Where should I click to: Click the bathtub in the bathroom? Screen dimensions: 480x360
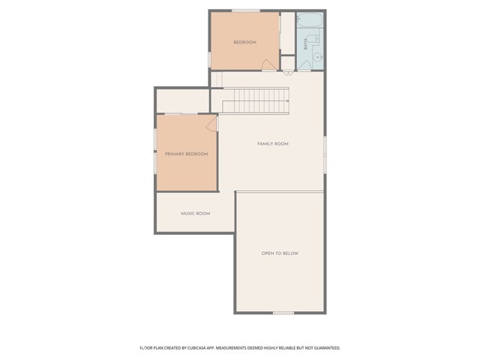(x=310, y=20)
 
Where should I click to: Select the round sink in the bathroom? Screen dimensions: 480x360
(x=318, y=57)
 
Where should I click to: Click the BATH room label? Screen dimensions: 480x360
(x=305, y=44)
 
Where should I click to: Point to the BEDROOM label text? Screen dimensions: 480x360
(x=245, y=42)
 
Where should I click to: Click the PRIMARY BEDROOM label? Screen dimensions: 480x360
(x=187, y=154)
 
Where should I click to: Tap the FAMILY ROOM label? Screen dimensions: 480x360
(x=273, y=143)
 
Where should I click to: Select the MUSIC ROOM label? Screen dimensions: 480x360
(x=195, y=213)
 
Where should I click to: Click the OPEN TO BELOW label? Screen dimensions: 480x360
(x=280, y=253)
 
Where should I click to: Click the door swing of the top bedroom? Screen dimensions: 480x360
(x=268, y=64)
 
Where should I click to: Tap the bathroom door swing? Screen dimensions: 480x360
(x=304, y=65)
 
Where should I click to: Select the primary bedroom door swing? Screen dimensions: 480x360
(x=211, y=124)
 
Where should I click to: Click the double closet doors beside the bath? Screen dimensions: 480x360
(x=288, y=73)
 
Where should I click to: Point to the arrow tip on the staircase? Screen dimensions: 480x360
(x=288, y=100)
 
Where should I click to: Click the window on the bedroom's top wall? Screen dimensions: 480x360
(x=245, y=10)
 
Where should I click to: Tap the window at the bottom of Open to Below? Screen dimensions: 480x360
(x=283, y=313)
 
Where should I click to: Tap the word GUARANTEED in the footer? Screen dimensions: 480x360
(x=328, y=348)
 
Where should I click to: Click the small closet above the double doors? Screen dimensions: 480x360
(x=288, y=63)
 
